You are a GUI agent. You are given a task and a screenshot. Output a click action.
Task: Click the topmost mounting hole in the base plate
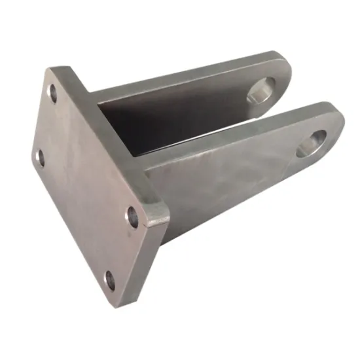[x=53, y=94]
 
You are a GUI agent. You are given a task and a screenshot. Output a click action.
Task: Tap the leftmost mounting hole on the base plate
[x=39, y=157]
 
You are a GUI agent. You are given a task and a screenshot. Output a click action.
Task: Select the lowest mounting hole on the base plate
[x=110, y=281]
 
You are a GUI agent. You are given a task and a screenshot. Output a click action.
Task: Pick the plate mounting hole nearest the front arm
[x=133, y=217]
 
